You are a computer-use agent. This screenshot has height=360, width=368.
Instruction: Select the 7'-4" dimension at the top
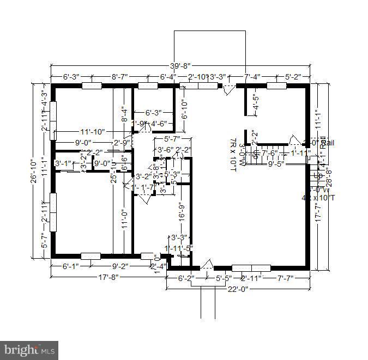(253, 77)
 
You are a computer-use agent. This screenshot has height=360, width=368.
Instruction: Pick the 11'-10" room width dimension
(92, 132)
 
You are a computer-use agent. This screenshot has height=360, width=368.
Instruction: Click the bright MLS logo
(29, 349)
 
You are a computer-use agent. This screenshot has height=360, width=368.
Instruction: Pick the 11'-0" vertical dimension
(124, 219)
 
